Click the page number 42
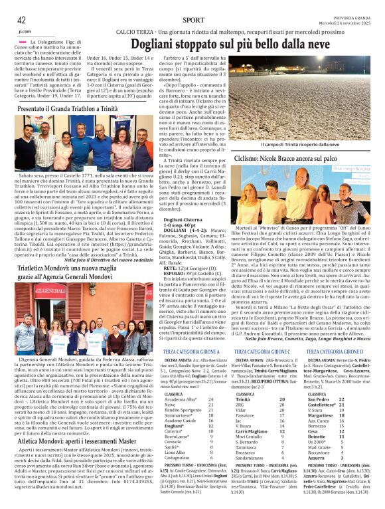coord(21,20)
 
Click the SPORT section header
coord(193,21)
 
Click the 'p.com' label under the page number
coord(25,31)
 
